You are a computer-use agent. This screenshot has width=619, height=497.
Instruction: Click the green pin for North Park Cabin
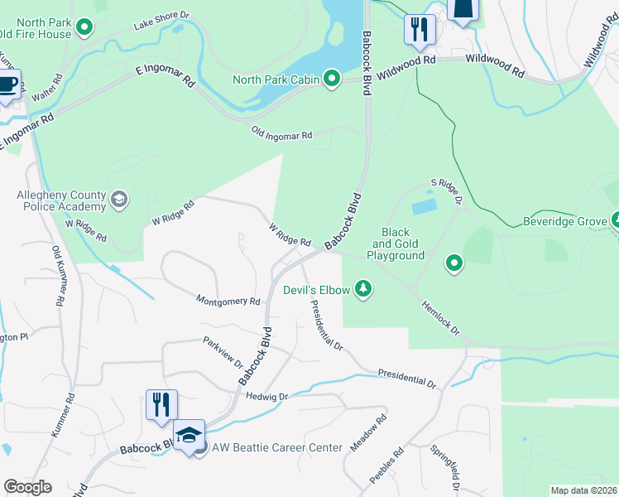tap(332, 80)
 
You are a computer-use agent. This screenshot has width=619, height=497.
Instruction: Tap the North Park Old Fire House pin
tap(84, 29)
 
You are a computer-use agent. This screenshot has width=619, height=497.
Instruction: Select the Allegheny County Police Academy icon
tap(119, 199)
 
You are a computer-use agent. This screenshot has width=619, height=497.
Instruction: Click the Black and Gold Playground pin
tap(453, 264)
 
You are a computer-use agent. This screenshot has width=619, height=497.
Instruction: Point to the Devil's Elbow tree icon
tap(362, 289)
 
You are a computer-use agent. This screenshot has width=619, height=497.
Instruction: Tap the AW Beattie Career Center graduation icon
tap(190, 435)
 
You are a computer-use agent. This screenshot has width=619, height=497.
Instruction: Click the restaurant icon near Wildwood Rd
tap(420, 30)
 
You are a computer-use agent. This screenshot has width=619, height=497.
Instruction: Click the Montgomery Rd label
tap(228, 301)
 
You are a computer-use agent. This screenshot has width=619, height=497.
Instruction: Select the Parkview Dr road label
tap(223, 352)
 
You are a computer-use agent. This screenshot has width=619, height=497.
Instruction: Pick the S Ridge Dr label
tap(445, 191)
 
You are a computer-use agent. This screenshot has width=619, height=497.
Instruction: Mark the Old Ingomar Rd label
tap(282, 134)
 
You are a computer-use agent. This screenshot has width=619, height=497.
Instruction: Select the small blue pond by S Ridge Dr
tap(424, 205)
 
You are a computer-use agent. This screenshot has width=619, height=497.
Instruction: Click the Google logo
tap(28, 487)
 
